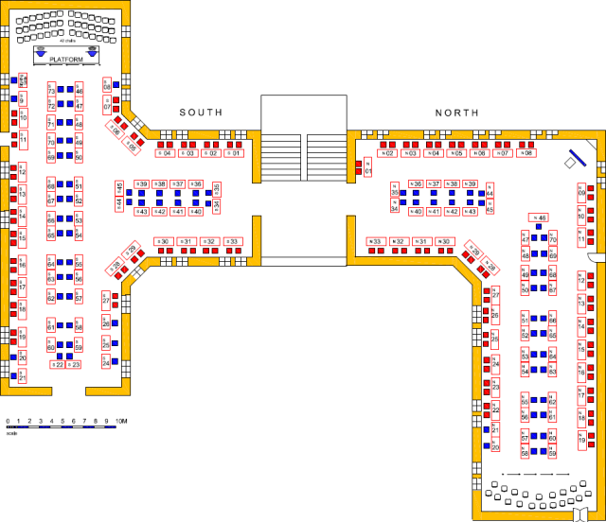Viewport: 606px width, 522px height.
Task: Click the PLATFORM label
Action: tap(66, 60)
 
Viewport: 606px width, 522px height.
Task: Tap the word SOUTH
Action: tap(201, 113)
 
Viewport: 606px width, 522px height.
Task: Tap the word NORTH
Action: tap(457, 113)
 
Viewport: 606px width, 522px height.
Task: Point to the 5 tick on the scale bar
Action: tap(62, 420)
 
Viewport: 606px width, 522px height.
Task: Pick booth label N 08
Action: tap(525, 153)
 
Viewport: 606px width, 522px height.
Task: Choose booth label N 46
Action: tap(540, 218)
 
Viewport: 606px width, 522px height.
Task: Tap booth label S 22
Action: tap(58, 364)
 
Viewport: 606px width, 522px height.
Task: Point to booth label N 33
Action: tap(376, 242)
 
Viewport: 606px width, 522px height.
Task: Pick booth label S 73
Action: tap(51, 89)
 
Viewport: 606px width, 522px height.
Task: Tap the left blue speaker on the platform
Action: tap(41, 54)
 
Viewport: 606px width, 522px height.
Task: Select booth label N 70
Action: tap(553, 240)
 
